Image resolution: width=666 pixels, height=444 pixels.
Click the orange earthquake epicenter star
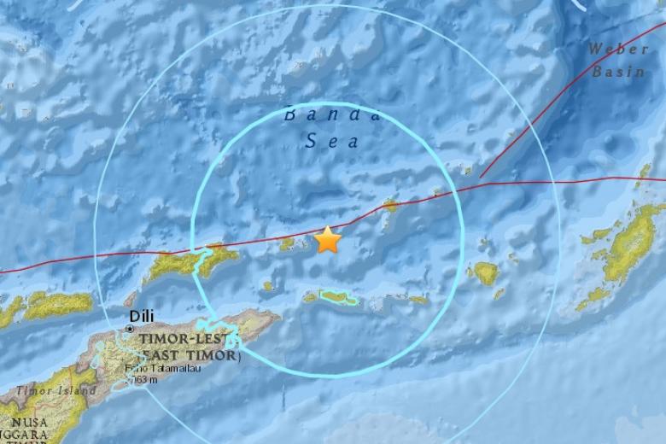coord(327,240)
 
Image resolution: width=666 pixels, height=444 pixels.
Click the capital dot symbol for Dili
coord(129,328)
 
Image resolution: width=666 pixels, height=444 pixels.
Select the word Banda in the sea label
coord(330,115)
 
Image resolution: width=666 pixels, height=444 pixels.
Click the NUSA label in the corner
coord(22,422)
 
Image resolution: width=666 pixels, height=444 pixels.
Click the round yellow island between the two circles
coord(486,273)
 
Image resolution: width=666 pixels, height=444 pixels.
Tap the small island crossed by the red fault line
coord(390,204)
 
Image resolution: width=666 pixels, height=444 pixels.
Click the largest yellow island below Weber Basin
coord(628,247)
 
